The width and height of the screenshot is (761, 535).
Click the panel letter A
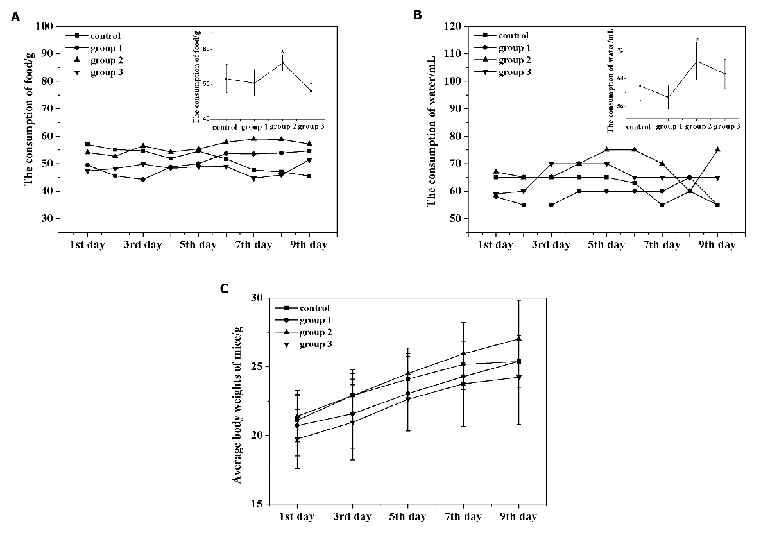[15, 17]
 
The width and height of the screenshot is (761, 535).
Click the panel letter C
[225, 288]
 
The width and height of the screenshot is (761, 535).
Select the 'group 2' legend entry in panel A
[106, 60]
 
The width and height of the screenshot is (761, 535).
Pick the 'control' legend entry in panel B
[513, 36]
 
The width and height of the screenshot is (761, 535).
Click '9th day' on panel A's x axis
[309, 245]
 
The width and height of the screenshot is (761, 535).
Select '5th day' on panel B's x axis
[606, 245]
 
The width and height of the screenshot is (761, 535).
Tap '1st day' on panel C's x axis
[297, 517]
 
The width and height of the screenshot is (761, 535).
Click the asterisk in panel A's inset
[282, 52]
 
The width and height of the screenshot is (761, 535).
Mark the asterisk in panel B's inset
[697, 40]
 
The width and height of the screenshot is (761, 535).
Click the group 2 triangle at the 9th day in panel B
[717, 149]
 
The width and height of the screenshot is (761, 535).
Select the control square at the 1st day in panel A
[87, 144]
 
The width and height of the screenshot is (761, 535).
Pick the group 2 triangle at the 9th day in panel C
[518, 338]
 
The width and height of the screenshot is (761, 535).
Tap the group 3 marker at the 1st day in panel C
[297, 439]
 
